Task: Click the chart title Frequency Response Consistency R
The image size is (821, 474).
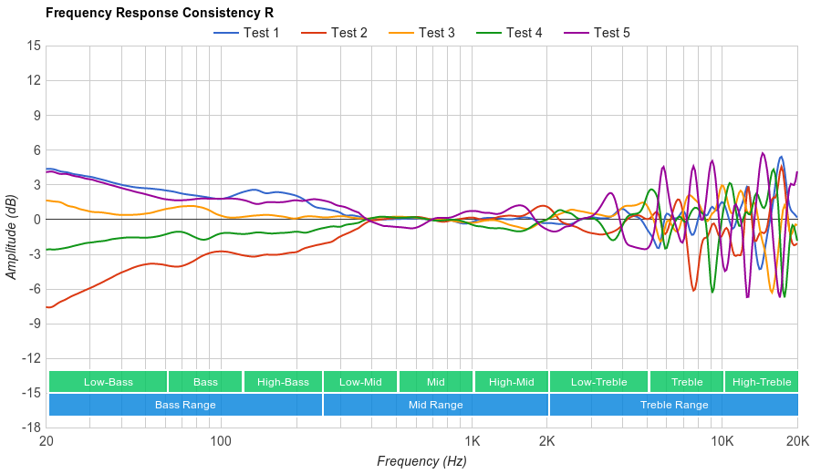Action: (x=159, y=13)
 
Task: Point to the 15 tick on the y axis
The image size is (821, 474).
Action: (x=34, y=46)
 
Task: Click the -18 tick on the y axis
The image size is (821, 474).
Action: (x=31, y=428)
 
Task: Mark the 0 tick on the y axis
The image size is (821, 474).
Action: (x=36, y=220)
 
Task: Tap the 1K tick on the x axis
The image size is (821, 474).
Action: (x=472, y=440)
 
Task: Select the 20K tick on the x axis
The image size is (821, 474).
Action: (x=796, y=440)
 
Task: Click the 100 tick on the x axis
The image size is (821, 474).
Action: (x=221, y=440)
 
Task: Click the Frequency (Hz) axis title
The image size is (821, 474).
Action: (x=421, y=461)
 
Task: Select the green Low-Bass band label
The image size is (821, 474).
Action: (x=108, y=382)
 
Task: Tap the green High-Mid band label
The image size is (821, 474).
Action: (x=510, y=382)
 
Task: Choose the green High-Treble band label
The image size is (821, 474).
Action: (x=761, y=382)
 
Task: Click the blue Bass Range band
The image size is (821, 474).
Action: (x=185, y=405)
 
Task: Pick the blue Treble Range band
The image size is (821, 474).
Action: (x=673, y=405)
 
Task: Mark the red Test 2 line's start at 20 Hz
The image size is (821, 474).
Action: (x=47, y=307)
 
